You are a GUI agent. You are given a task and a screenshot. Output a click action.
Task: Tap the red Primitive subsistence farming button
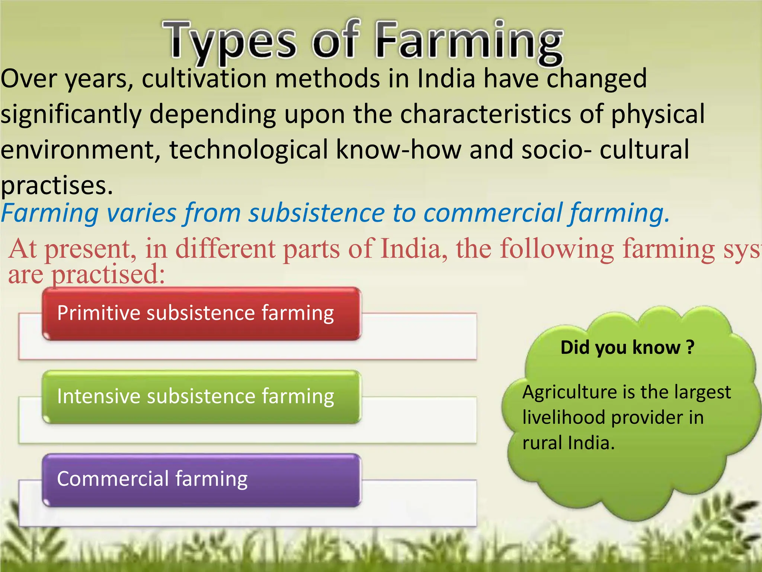click(201, 314)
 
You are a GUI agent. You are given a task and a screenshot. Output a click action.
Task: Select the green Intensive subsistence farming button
click(201, 397)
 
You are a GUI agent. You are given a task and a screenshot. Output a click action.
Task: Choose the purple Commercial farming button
click(201, 480)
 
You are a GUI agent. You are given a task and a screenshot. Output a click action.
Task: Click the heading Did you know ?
click(627, 347)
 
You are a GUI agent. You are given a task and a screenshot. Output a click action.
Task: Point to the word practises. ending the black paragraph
click(57, 185)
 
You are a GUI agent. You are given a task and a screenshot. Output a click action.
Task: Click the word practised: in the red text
click(108, 275)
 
